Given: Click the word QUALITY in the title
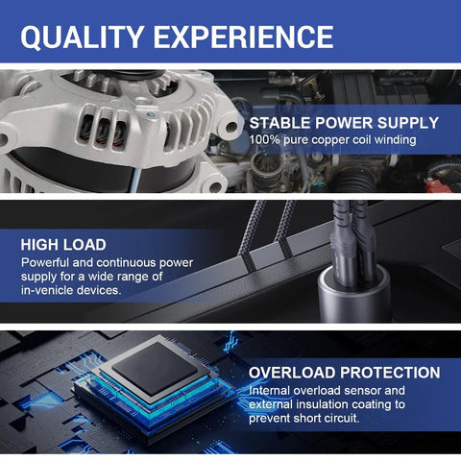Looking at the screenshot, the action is click(x=82, y=36).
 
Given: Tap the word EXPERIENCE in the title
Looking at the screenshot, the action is click(x=244, y=36).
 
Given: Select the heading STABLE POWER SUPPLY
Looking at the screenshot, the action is click(x=344, y=123).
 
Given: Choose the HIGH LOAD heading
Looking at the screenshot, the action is click(x=63, y=245).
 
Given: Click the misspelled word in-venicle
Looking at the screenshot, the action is click(x=47, y=290).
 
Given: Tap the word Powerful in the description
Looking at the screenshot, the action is click(x=45, y=263).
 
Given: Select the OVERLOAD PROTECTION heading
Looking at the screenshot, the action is click(x=345, y=373).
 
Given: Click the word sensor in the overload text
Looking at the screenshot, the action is click(x=363, y=391).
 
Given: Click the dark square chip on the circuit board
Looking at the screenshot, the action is click(x=155, y=368).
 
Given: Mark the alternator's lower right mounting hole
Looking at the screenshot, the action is click(x=215, y=187).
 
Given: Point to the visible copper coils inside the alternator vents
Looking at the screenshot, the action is click(x=103, y=133).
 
